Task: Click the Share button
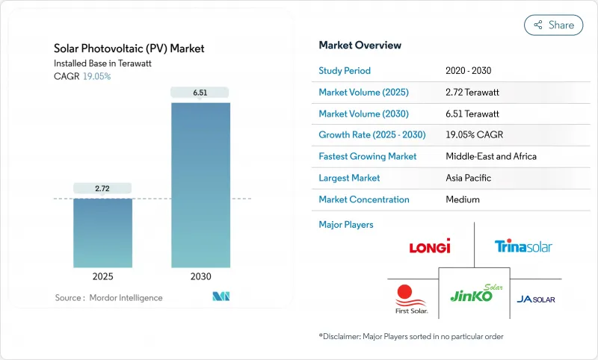tap(553, 25)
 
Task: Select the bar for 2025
tap(102, 232)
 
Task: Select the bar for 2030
tap(200, 184)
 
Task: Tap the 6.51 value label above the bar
tap(200, 92)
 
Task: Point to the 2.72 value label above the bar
tap(102, 188)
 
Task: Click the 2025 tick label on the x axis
tap(102, 276)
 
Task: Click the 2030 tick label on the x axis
tap(200, 276)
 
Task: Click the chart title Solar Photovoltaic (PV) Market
tap(129, 49)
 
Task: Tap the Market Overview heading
tap(360, 46)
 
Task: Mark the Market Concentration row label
tap(364, 199)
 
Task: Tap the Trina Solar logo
tap(523, 246)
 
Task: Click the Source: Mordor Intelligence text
tap(108, 298)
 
